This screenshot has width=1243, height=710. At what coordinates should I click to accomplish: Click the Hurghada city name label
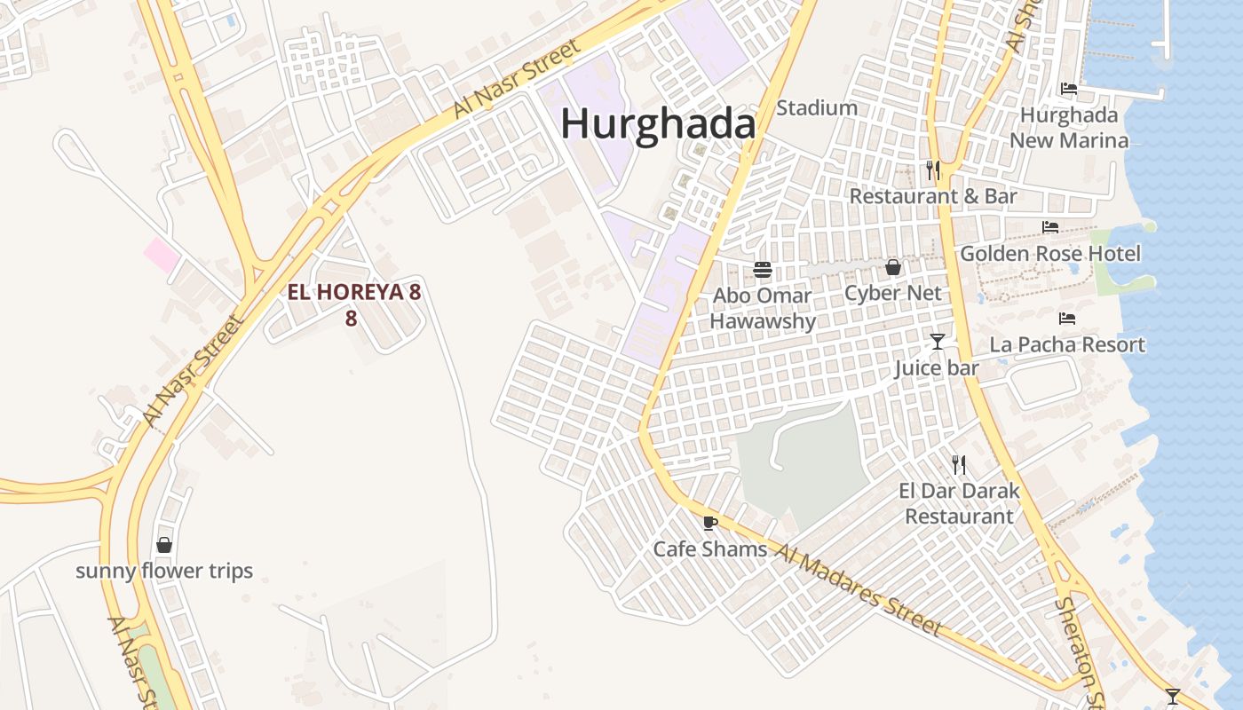657,123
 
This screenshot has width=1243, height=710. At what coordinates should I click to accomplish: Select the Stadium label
817,108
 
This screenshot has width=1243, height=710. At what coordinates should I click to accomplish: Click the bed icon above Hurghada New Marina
1069,89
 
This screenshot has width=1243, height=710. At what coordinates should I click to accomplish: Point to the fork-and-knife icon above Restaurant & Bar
933,170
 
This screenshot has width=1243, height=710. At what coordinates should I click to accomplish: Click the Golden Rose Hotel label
1049,254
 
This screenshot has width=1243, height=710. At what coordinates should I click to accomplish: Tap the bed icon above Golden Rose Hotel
1050,227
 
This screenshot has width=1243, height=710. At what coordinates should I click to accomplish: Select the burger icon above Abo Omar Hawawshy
762,270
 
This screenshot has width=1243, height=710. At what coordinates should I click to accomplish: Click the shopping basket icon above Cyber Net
893,267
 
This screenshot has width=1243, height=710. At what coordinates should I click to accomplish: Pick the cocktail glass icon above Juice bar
937,342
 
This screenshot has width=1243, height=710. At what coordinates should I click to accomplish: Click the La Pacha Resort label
1067,344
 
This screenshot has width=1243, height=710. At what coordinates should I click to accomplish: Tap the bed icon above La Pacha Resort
1067,319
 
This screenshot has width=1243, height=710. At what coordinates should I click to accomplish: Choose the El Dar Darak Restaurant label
959,503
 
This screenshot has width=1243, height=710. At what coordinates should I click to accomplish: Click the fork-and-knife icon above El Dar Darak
959,464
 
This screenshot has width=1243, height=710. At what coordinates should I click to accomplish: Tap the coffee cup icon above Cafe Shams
709,523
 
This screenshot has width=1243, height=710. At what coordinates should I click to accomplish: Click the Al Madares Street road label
858,590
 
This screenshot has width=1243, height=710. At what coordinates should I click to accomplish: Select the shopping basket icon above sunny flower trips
164,545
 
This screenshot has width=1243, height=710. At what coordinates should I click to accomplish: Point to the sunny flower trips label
164,571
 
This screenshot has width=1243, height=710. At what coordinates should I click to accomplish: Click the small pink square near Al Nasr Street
162,256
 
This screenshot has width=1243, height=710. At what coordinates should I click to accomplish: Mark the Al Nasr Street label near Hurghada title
503,78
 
